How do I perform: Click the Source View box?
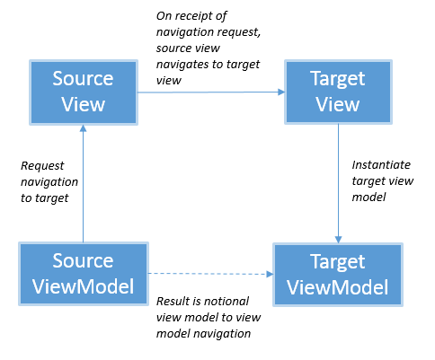[82, 92]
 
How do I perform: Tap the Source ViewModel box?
[82, 273]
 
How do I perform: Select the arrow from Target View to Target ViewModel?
[338, 180]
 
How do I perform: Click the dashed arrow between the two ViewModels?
[207, 273]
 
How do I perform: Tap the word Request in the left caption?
[41, 165]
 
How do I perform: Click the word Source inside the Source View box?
[82, 79]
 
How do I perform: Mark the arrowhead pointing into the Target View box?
[281, 91]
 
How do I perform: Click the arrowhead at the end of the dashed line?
[270, 273]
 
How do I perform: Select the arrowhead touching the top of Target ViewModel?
[338, 238]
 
